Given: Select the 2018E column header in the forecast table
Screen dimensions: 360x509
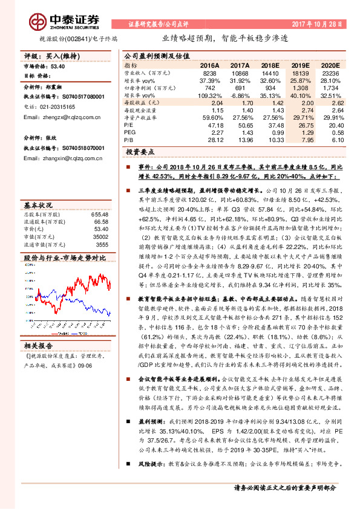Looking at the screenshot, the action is point(272,65).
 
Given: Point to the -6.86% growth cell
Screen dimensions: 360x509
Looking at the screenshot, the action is point(240,96).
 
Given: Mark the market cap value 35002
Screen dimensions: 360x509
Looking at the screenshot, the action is point(100,237).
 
